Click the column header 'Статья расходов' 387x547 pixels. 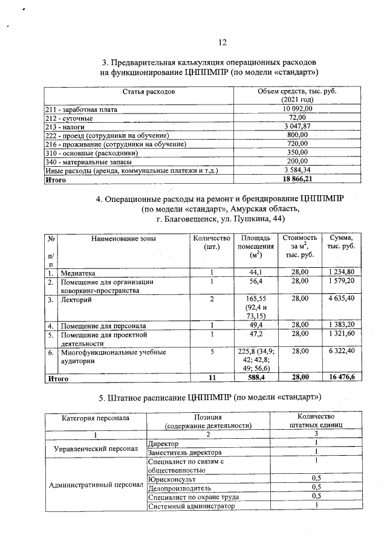(149, 92)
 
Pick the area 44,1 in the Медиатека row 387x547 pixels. (257, 273)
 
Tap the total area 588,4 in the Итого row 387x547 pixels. (257, 379)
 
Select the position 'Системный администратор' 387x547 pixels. (190, 506)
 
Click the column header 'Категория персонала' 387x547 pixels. (95, 418)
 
